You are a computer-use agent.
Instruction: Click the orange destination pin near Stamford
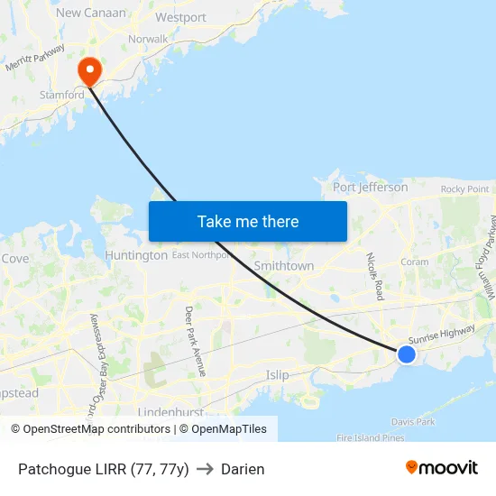(90, 69)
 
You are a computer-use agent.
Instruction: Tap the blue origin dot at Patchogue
(407, 354)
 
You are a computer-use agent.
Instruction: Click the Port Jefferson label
(370, 188)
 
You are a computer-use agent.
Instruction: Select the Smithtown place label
(284, 266)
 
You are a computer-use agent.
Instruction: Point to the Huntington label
(136, 255)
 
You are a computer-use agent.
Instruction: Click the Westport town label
(180, 17)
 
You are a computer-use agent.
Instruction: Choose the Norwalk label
(148, 40)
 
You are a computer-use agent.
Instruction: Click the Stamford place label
(61, 95)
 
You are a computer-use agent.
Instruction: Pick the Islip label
(278, 374)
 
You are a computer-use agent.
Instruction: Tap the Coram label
(415, 262)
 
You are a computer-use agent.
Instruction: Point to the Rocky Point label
(464, 189)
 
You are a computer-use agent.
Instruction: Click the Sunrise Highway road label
(441, 333)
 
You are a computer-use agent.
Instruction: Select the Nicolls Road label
(376, 276)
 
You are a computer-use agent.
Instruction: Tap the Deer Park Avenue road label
(196, 341)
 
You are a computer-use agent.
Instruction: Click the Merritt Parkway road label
(35, 59)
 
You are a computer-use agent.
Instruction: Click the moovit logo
(441, 468)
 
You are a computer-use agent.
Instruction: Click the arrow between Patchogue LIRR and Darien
(205, 469)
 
